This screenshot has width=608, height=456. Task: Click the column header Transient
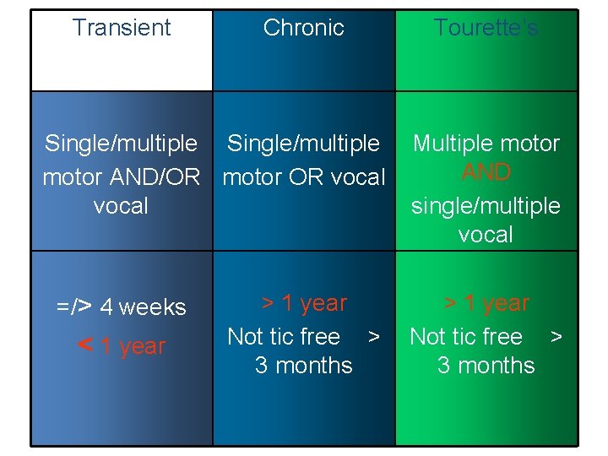point(122,28)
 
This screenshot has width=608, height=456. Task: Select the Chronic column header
point(303,28)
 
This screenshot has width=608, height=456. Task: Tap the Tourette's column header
point(486,28)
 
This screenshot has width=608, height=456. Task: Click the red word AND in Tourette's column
point(486,172)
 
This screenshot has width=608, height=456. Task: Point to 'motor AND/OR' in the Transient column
point(122,177)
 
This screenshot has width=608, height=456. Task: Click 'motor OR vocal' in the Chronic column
point(303,177)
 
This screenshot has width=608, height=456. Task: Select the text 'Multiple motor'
point(486,144)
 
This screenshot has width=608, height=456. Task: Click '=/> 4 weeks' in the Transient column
point(122,307)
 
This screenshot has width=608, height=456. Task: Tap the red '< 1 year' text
point(122,346)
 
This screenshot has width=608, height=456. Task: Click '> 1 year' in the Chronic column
point(303,303)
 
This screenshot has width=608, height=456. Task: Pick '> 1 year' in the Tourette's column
point(486,303)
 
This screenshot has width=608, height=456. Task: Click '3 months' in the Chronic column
point(303,366)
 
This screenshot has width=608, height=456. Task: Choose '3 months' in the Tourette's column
point(486,366)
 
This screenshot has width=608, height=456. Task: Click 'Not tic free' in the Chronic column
point(284,337)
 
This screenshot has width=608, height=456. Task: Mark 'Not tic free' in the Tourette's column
point(466,337)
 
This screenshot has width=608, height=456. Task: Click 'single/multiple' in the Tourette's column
point(486,206)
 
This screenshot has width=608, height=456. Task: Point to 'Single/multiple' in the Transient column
point(122,144)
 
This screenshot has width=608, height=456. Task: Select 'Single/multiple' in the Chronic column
point(303,144)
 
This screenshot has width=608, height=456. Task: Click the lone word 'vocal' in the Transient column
point(122,206)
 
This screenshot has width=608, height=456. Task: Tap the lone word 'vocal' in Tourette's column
point(486,235)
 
